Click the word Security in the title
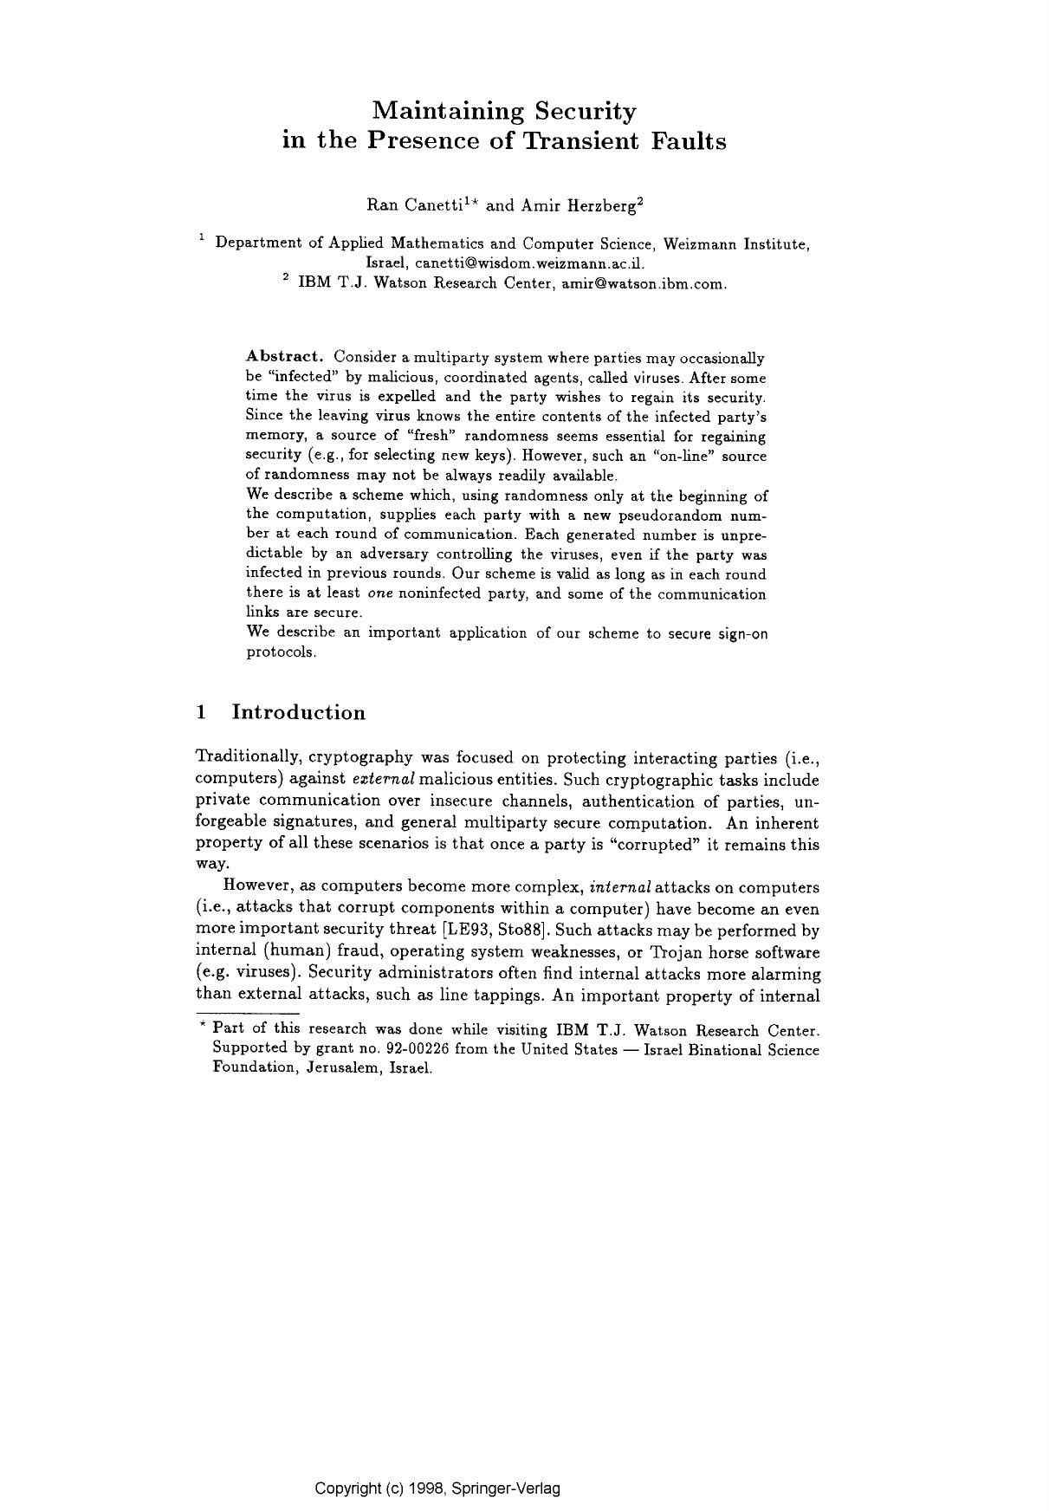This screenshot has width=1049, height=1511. click(x=585, y=112)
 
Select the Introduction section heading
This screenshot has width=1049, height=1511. click(x=299, y=713)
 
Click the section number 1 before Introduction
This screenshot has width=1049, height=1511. click(x=201, y=713)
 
